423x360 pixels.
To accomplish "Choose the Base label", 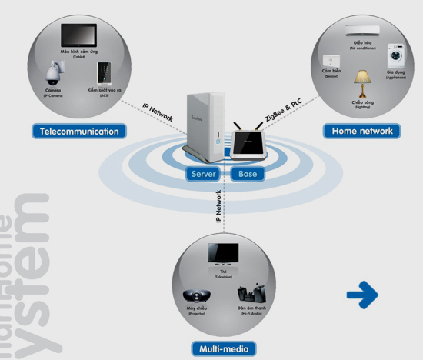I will (248, 174).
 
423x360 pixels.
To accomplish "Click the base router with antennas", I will (248, 145).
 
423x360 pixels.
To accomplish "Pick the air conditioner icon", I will (361, 31).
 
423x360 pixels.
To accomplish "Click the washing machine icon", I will (395, 56).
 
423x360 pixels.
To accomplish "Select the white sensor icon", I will (331, 61).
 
